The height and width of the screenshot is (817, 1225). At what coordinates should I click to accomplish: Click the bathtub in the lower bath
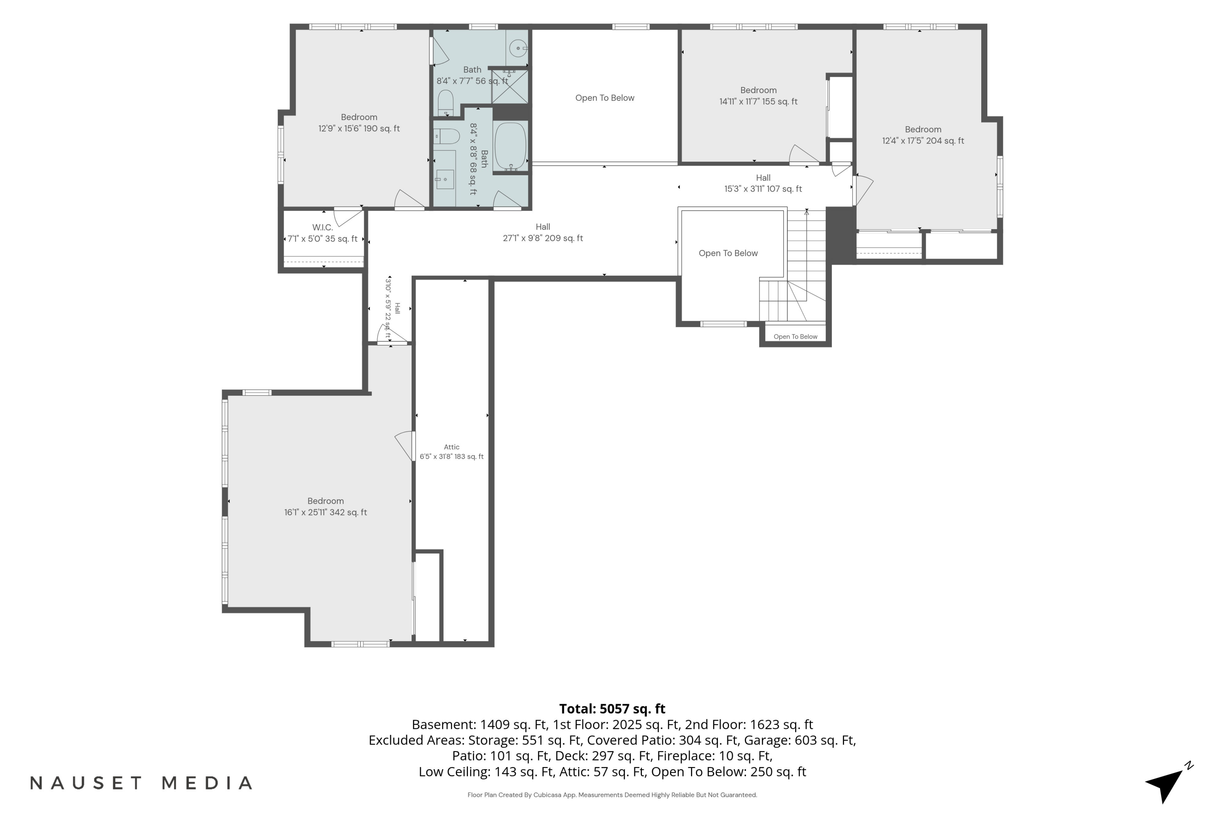(x=510, y=146)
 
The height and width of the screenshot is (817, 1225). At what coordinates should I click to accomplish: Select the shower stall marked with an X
(x=510, y=87)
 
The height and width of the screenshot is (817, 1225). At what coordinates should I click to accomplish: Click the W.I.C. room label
(x=323, y=228)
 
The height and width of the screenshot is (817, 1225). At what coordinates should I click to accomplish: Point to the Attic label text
(x=452, y=447)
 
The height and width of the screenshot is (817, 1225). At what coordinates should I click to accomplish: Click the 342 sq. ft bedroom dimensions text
(x=325, y=513)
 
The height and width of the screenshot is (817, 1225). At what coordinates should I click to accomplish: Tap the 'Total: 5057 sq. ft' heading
(x=612, y=709)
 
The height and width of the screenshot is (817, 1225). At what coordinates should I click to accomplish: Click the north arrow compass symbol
(x=1168, y=783)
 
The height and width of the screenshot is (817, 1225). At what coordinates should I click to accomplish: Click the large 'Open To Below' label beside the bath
(x=605, y=98)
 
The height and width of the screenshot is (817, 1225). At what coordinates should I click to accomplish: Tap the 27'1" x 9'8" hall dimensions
(x=543, y=239)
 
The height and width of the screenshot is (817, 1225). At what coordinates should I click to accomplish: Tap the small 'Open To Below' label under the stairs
(x=795, y=337)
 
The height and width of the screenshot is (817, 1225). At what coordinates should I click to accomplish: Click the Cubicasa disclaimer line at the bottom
(x=612, y=795)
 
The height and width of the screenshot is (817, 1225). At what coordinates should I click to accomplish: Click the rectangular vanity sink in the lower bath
(x=444, y=179)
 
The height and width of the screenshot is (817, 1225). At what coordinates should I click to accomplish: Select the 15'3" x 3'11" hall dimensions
(x=763, y=189)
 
